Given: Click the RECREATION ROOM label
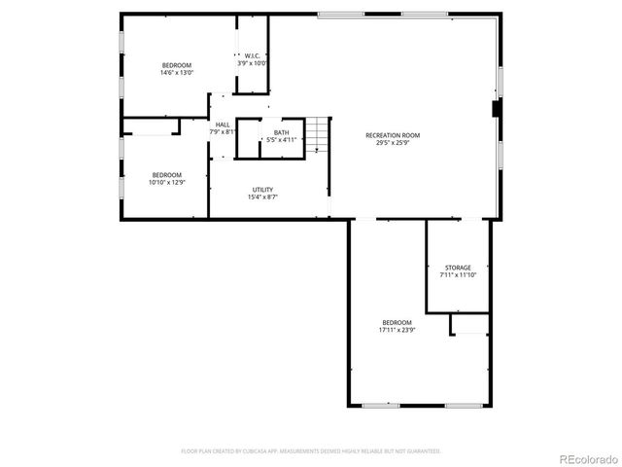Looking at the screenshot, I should pyautogui.click(x=393, y=135).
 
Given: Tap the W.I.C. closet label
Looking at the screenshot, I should pyautogui.click(x=252, y=55).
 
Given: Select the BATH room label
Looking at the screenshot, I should pyautogui.click(x=281, y=132).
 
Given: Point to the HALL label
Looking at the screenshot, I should pyautogui.click(x=223, y=125).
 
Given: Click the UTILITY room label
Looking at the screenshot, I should pyautogui.click(x=262, y=190).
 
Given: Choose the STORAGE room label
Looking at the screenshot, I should pyautogui.click(x=458, y=268).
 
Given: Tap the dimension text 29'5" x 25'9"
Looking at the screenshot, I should pyautogui.click(x=393, y=143).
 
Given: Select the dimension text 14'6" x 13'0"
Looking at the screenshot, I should pyautogui.click(x=177, y=73).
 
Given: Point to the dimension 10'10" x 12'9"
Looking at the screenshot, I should pyautogui.click(x=166, y=182).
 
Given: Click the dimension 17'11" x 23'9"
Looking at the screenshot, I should pyautogui.click(x=397, y=330).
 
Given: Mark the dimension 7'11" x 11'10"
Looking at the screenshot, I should pyautogui.click(x=458, y=275).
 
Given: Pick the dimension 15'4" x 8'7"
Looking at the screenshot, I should pyautogui.click(x=262, y=198).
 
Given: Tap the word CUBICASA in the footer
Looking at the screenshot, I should pyautogui.click(x=257, y=451).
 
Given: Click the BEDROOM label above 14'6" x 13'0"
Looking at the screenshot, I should pyautogui.click(x=177, y=65).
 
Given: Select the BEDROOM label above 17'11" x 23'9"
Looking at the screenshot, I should pyautogui.click(x=397, y=322).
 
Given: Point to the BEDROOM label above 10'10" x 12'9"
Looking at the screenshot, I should pyautogui.click(x=166, y=174).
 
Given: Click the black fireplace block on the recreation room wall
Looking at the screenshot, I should pyautogui.click(x=498, y=108).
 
